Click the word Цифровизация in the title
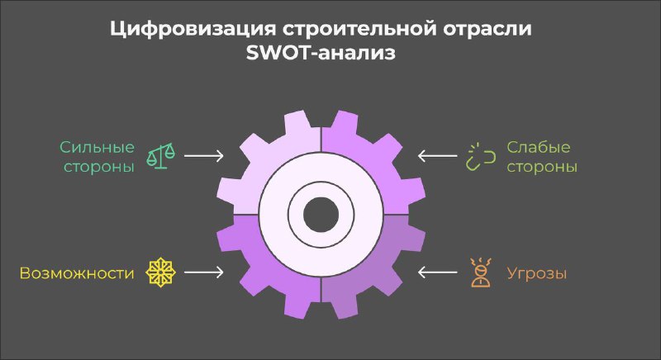[x=193, y=30]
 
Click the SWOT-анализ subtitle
[x=321, y=54]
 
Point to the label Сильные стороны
[x=97, y=157]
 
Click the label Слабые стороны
[x=542, y=157]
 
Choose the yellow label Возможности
[x=77, y=273]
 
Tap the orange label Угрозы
[x=536, y=273]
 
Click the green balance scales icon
[x=160, y=156]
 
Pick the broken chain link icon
[x=480, y=157]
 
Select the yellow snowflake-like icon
[x=160, y=272]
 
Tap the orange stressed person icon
[x=481, y=272]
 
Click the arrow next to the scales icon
[x=204, y=156]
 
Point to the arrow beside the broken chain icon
[x=437, y=156]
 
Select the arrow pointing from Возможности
[x=204, y=272]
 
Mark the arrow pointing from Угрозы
[x=437, y=272]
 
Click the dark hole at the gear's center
[x=321, y=215]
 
